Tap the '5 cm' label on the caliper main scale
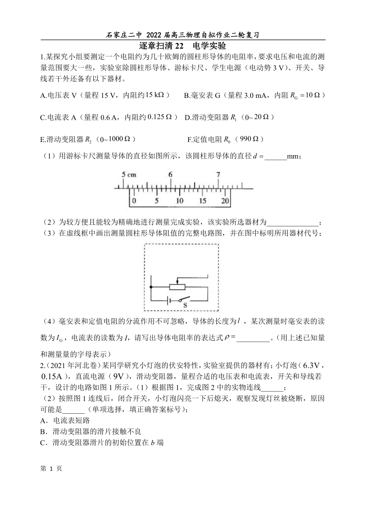tap(129, 175)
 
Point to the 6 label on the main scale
tap(170, 175)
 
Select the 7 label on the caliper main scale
tap(218, 175)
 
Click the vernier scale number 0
tap(134, 201)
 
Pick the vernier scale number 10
tap(179, 201)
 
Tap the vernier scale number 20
tap(225, 201)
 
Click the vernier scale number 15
tap(202, 201)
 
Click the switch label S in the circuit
tap(184, 305)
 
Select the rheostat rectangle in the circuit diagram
tap(177, 287)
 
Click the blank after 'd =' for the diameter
tap(276, 157)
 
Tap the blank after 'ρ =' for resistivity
tap(253, 338)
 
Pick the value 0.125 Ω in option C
tap(160, 117)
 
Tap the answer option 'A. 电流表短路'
tap(65, 421)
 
